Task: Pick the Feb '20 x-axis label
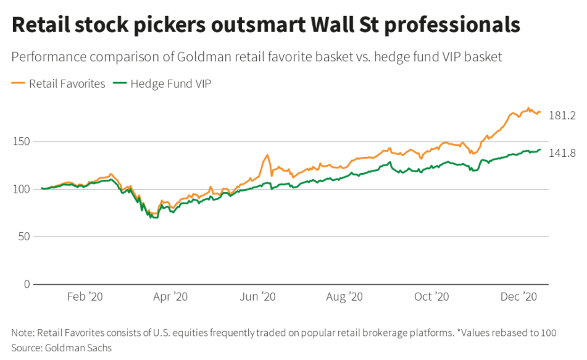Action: coord(84,297)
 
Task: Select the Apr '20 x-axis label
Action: coord(171,297)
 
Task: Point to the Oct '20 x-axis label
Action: coord(432,297)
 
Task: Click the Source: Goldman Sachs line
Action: coord(61,347)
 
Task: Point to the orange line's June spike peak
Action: coord(267,155)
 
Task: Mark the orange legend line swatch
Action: coord(18,83)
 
